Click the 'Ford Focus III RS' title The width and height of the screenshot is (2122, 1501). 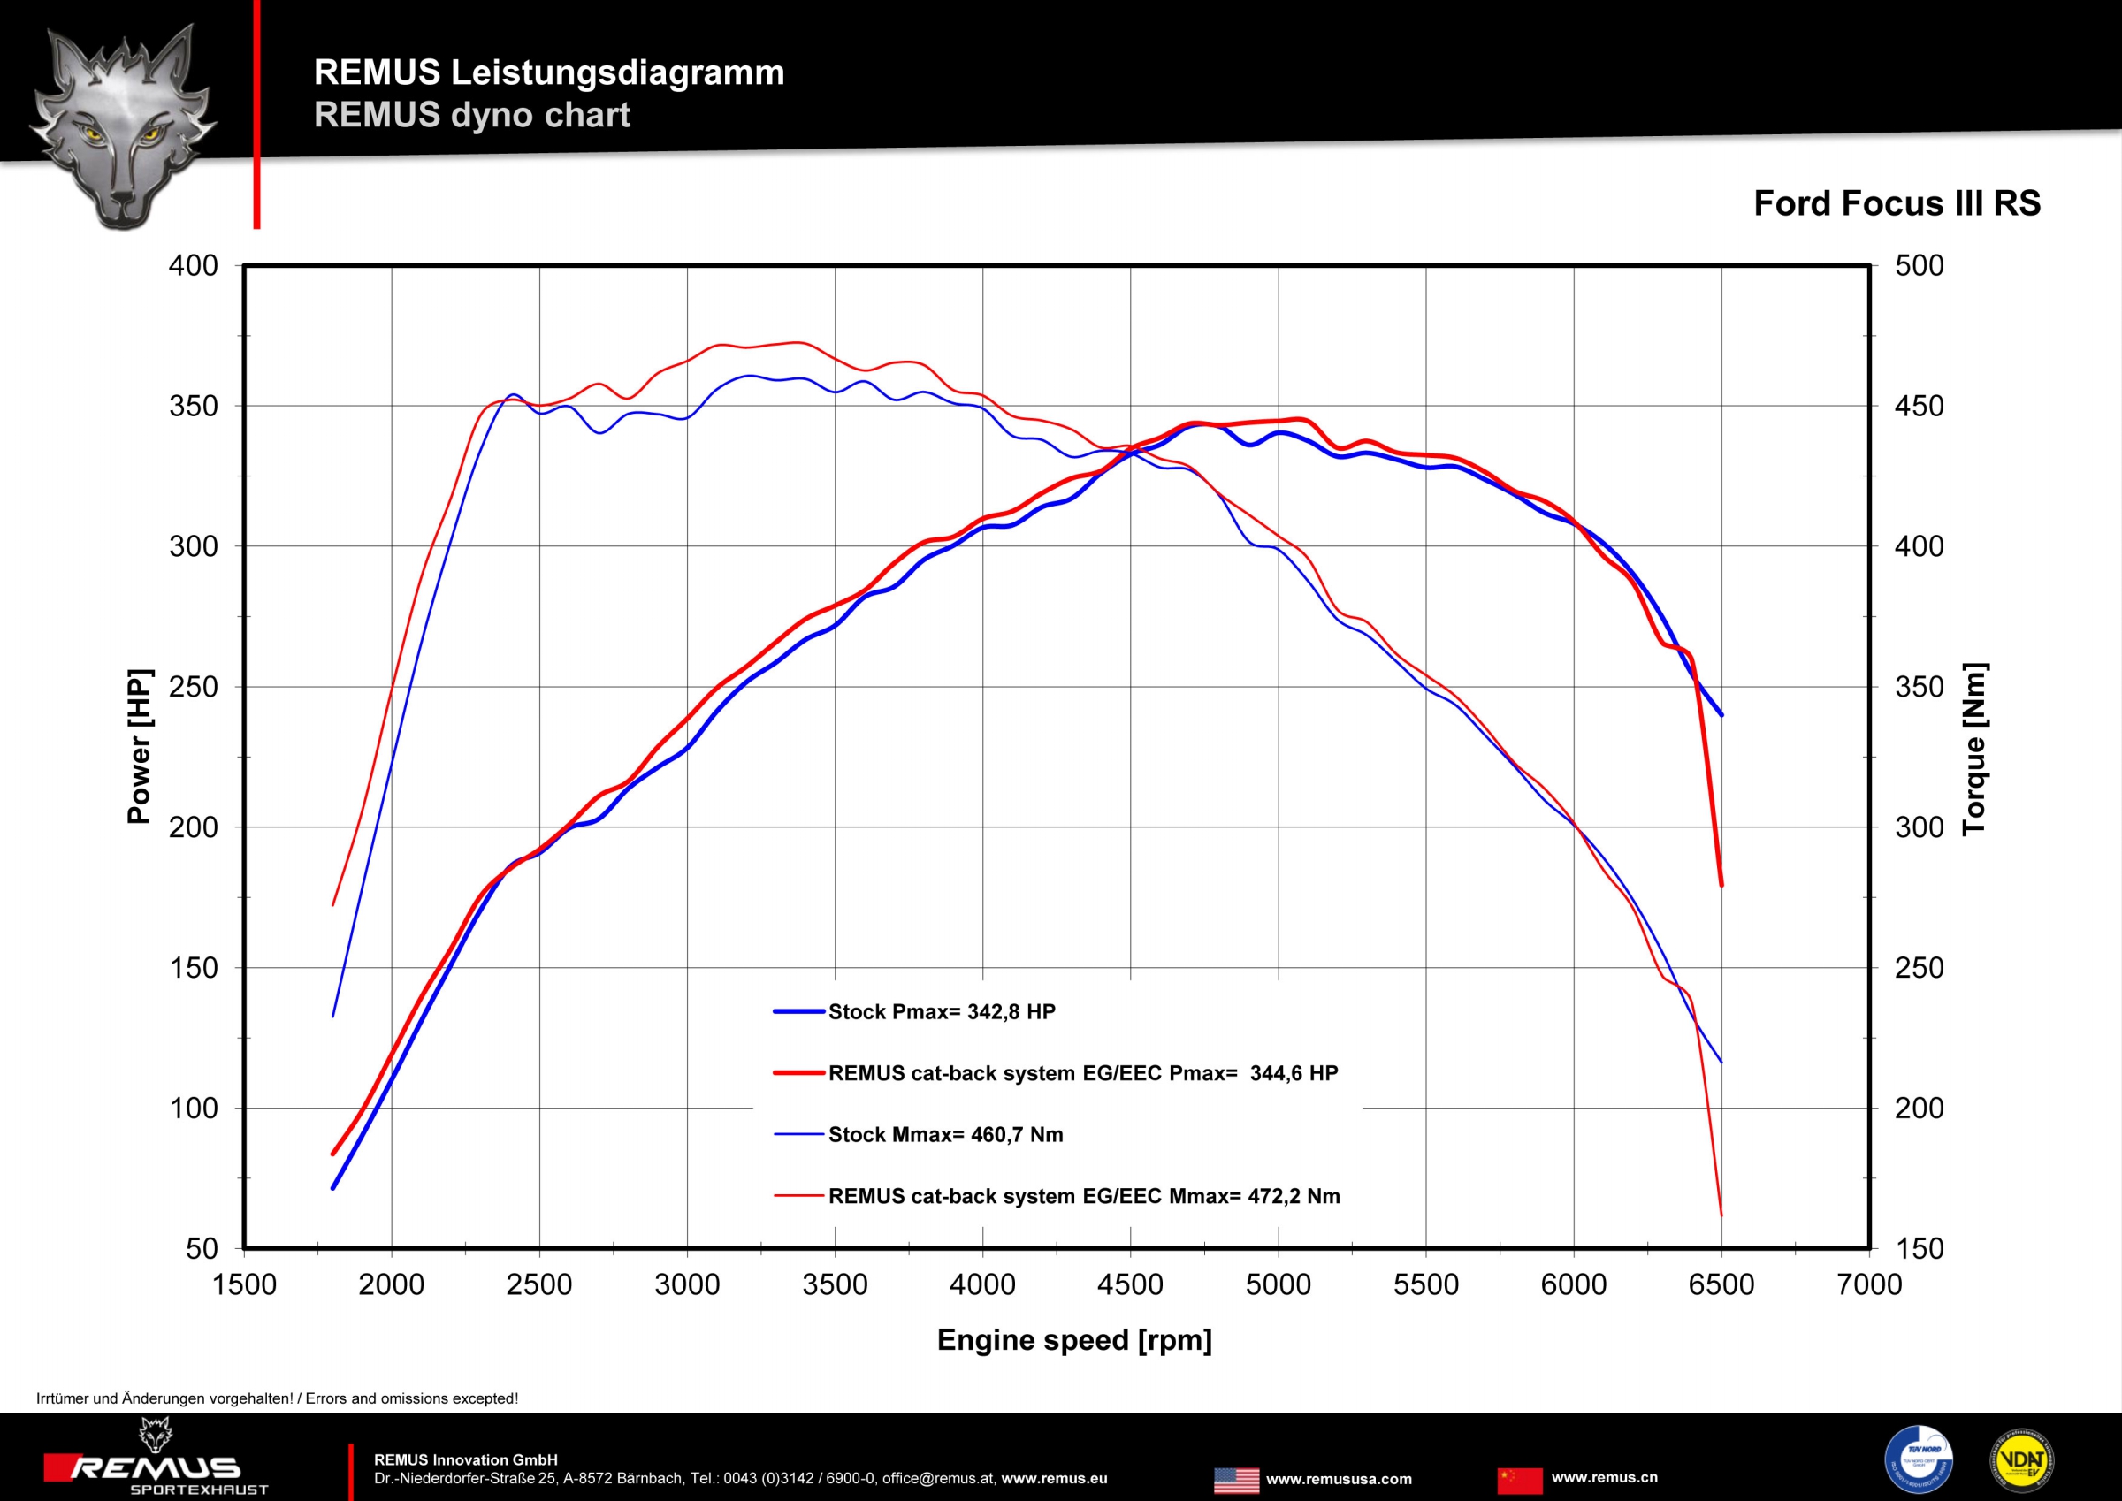coord(1897,203)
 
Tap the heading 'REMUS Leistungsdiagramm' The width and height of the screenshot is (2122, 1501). coord(549,72)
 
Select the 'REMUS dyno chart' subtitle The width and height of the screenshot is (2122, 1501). coord(471,115)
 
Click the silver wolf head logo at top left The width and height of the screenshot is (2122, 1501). coord(123,127)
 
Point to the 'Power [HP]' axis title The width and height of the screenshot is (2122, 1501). coord(139,745)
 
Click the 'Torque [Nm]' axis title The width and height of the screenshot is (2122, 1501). coord(1974,750)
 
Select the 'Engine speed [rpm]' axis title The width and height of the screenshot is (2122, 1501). coord(1074,1339)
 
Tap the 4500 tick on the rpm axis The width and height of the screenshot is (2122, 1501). coord(1129,1284)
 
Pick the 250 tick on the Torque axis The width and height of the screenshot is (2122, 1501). coord(1919,968)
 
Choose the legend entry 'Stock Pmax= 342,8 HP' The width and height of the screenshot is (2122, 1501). coord(941,1012)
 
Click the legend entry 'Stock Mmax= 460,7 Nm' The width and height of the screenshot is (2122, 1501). coord(944,1135)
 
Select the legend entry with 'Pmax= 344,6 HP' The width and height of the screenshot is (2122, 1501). coord(1082,1073)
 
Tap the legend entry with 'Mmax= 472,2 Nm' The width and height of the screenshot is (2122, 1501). coord(1083,1196)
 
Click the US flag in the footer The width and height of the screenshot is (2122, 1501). coord(1236,1480)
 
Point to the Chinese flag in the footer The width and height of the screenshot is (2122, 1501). coord(1519,1480)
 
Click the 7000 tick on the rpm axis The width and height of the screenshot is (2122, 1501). coord(1869,1284)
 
